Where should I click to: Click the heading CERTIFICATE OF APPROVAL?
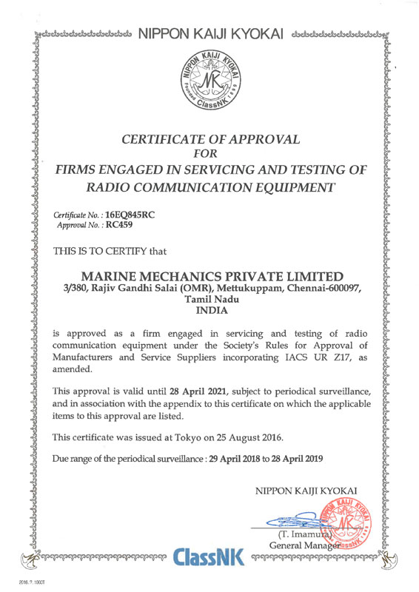click(210, 138)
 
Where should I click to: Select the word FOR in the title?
click(209, 154)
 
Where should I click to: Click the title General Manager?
click(303, 545)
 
